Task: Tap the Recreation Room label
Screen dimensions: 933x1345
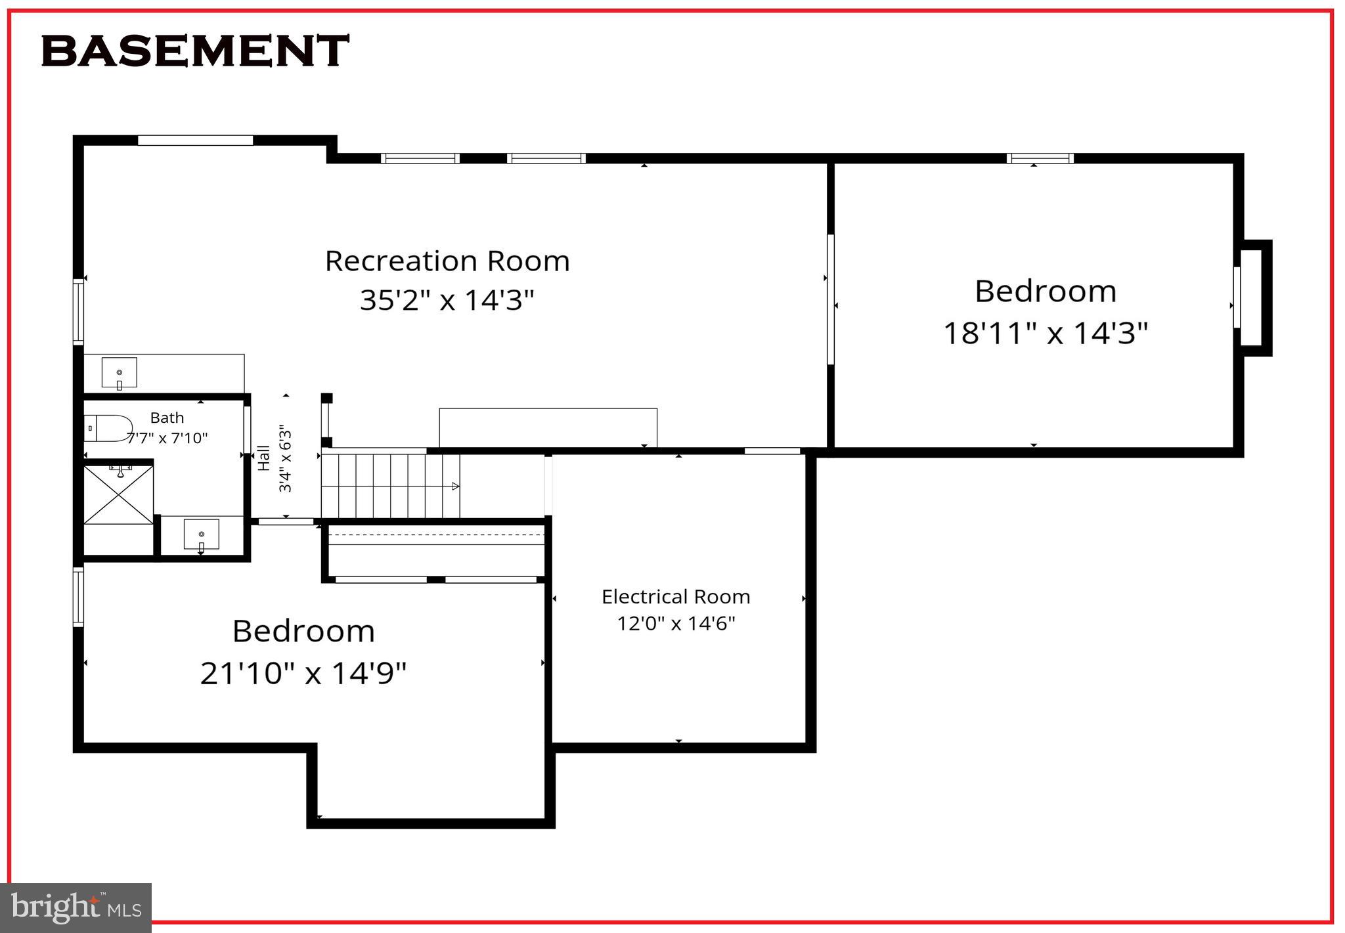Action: (x=447, y=261)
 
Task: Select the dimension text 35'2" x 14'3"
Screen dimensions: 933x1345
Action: (x=447, y=300)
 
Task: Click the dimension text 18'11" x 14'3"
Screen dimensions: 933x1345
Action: (x=1046, y=333)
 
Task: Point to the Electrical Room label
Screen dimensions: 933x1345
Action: (x=676, y=597)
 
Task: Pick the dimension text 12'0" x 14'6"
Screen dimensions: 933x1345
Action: (x=676, y=623)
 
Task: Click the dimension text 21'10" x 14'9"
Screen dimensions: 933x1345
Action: (x=303, y=673)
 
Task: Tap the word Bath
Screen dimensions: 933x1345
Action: (x=167, y=418)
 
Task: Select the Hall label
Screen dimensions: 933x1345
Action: (x=264, y=458)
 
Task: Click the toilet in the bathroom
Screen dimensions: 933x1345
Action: (x=109, y=427)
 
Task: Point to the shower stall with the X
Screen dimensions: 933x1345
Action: (x=119, y=494)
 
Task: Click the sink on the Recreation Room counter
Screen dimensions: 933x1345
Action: (x=119, y=373)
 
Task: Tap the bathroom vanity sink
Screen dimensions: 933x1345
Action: (x=201, y=534)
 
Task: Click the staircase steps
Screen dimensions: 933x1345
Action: (x=390, y=486)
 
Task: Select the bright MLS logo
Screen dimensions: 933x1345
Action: (x=76, y=908)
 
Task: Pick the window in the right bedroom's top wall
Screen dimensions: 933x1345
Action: (x=1040, y=158)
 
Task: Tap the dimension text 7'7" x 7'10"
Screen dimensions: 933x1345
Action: (x=167, y=438)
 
